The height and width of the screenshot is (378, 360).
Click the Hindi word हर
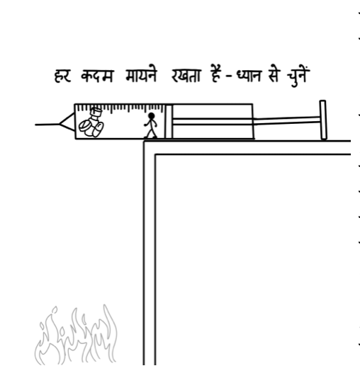click(x=62, y=76)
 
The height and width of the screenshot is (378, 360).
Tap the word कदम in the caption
click(x=97, y=76)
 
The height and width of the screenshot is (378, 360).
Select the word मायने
click(x=141, y=75)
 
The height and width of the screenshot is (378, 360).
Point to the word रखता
click(x=186, y=76)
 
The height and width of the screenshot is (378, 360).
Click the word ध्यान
click(x=249, y=76)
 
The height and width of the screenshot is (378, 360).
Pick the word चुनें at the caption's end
click(x=298, y=76)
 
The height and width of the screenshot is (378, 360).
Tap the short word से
click(x=273, y=75)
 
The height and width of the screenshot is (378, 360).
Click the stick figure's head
click(x=151, y=116)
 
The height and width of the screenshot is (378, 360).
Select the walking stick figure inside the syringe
click(x=150, y=125)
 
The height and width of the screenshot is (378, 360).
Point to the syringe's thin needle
click(x=47, y=125)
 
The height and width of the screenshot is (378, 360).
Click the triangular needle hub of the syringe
click(x=67, y=122)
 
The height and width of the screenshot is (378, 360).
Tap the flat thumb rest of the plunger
click(x=323, y=120)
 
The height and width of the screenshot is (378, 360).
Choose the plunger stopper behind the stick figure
click(x=169, y=122)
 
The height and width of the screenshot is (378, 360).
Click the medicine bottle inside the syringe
click(x=96, y=116)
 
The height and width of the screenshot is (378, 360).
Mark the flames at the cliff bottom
click(x=76, y=335)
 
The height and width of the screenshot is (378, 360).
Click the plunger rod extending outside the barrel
click(x=286, y=121)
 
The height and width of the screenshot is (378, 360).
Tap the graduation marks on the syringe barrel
click(x=120, y=108)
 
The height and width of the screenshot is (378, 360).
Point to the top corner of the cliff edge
click(x=144, y=142)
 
